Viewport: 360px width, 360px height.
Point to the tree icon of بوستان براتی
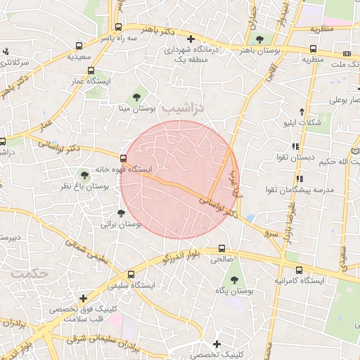coord(122,212)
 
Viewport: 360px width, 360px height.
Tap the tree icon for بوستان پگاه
coord(236,277)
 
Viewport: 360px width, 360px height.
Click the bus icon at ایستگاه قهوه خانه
coord(124,159)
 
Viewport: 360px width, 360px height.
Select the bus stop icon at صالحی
coord(222,248)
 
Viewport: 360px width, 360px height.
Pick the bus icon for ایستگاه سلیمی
coord(131,274)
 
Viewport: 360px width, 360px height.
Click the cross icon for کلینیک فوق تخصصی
coord(84,297)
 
